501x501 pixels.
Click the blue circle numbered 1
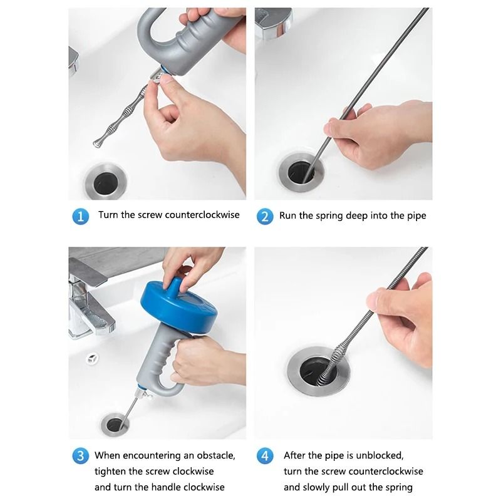coord(81,216)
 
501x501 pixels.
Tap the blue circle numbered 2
coord(265,216)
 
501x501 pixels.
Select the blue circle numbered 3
coord(81,456)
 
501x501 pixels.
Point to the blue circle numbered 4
coord(265,456)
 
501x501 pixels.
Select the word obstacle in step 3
coord(215,455)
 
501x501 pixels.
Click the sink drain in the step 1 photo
coord(106,182)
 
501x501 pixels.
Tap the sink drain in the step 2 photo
coord(301,173)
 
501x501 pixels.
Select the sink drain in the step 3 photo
coord(115,425)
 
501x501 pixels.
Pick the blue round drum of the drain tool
coord(179,306)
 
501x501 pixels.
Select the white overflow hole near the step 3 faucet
coord(92,359)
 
